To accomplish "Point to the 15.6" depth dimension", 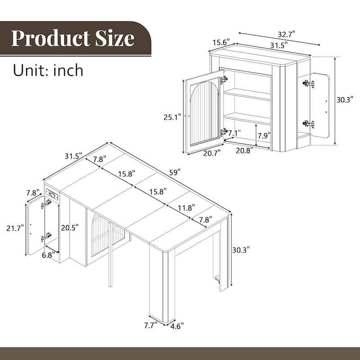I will [221, 42].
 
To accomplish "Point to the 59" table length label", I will [175, 172].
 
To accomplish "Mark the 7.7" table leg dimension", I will [149, 325].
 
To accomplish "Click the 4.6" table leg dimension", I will [176, 325].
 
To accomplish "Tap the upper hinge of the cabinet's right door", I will [308, 84].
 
